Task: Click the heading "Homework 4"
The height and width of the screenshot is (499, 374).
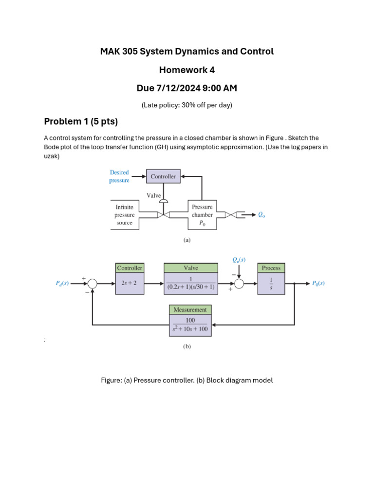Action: [187, 70]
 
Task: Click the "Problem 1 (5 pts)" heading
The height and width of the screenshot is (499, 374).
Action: [81, 121]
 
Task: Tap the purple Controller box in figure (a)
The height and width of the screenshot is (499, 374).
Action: [163, 176]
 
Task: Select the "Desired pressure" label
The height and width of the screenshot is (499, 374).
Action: [119, 176]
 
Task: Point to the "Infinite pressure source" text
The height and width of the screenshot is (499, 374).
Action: [124, 215]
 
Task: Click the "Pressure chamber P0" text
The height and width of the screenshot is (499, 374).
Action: [202, 215]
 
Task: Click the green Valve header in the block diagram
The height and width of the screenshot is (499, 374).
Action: [191, 268]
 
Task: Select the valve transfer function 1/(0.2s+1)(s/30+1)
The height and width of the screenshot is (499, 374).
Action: [191, 284]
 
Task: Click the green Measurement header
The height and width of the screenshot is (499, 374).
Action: [190, 309]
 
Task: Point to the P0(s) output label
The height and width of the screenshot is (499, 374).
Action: [318, 283]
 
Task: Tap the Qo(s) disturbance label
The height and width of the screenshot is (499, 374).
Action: [239, 260]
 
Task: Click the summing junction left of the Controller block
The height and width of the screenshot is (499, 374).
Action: [92, 284]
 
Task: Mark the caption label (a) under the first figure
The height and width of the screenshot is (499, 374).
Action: [187, 240]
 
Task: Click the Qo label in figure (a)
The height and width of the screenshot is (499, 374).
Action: [262, 214]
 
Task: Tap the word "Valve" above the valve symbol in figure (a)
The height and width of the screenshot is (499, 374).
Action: [154, 195]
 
